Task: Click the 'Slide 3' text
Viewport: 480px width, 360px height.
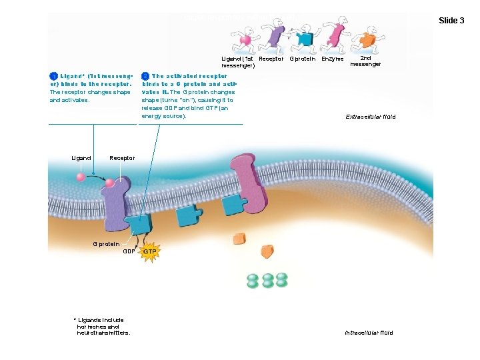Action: (451, 21)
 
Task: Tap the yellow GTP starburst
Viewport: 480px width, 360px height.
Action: (151, 253)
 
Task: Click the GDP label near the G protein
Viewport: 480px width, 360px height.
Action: (129, 252)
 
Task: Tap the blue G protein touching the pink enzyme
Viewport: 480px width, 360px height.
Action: (234, 205)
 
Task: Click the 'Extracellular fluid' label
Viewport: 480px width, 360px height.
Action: (370, 117)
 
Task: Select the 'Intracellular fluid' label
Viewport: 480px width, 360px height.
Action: (369, 333)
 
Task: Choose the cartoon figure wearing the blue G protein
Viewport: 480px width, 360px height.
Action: (305, 36)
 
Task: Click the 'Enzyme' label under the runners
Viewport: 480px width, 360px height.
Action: (332, 59)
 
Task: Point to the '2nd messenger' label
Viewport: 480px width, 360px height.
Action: (365, 61)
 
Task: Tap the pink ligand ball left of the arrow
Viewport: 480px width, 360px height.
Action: (81, 177)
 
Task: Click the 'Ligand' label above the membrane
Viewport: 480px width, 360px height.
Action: (81, 158)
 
